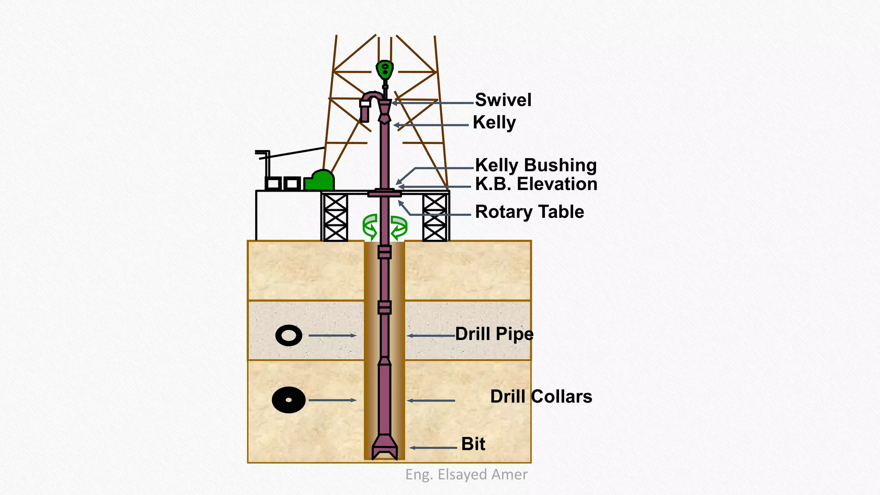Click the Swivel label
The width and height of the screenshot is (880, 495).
(503, 100)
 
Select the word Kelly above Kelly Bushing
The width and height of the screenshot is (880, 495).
(494, 122)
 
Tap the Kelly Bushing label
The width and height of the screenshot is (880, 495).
(536, 165)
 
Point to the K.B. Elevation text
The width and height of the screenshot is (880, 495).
(536, 184)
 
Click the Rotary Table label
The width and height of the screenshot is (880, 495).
(529, 212)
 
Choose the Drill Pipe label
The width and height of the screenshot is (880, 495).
(494, 334)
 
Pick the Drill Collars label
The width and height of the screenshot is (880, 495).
(541, 397)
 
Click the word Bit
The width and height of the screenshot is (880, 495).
(473, 444)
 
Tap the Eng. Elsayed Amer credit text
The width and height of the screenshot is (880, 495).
(466, 474)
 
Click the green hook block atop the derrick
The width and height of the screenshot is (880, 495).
(385, 69)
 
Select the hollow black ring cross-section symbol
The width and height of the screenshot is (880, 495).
(289, 336)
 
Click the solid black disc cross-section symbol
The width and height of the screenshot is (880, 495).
(289, 400)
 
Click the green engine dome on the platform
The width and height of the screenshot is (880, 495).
(320, 180)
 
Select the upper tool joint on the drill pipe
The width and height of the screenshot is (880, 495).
(385, 252)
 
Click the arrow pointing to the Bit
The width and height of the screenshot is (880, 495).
(432, 448)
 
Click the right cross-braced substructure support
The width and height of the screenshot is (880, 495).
(434, 217)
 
